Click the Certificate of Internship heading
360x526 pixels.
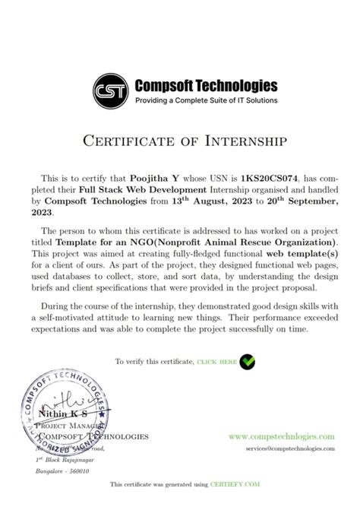point(179,140)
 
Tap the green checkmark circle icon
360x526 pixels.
point(248,362)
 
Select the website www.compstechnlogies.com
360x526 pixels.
point(281,436)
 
